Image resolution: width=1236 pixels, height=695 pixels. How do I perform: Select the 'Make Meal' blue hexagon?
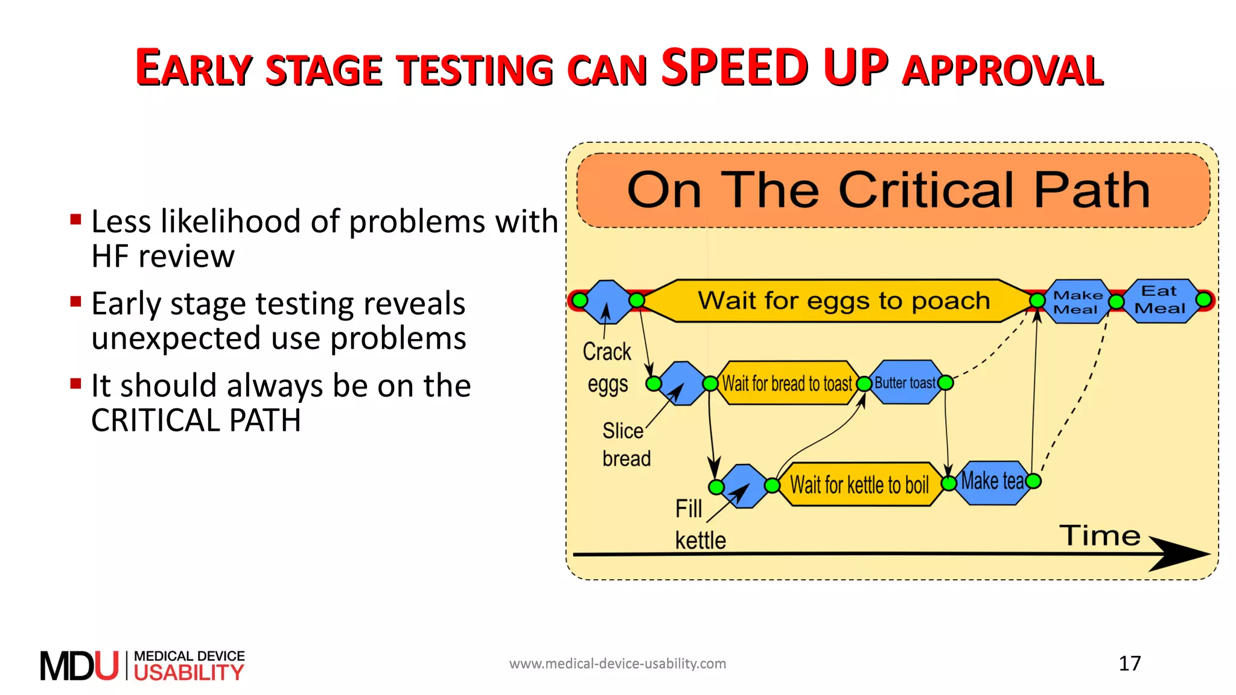[x=1077, y=302]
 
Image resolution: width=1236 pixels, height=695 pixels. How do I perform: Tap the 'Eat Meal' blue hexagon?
[x=1159, y=300]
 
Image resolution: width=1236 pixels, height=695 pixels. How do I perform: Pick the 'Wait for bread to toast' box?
[x=787, y=383]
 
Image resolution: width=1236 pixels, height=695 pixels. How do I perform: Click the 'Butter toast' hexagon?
[x=905, y=382]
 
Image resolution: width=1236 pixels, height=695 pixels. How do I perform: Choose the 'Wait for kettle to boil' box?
[x=859, y=484]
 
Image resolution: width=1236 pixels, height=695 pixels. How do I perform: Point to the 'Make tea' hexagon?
[x=992, y=481]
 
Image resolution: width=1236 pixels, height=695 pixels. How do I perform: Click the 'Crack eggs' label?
[x=607, y=367]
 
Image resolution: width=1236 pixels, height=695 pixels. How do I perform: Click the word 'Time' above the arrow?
[x=1100, y=536]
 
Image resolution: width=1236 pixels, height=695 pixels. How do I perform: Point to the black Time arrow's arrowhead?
[x=1183, y=554]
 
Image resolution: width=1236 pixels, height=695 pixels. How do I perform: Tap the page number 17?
[x=1129, y=664]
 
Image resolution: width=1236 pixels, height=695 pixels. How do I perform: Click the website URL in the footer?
[x=617, y=664]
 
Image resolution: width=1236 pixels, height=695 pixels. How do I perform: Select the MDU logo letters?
[x=79, y=666]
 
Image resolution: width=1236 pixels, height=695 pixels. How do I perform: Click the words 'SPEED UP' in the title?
[x=774, y=67]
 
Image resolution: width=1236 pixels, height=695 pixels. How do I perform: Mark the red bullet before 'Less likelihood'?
[x=75, y=219]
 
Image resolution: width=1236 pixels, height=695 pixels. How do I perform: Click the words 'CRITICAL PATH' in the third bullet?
[x=196, y=420]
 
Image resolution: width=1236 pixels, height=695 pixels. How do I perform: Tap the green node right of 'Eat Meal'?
[x=1203, y=300]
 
